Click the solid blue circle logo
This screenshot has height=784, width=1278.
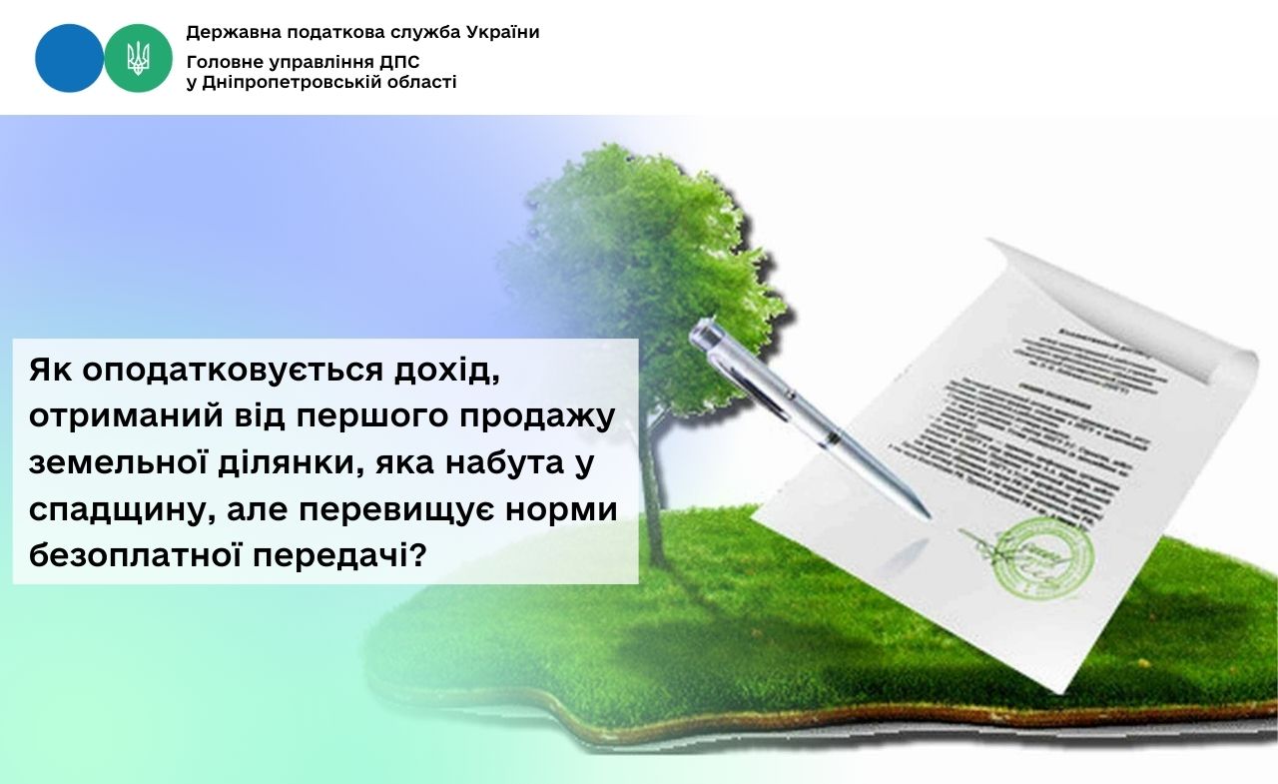coord(69,58)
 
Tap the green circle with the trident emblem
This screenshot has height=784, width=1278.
coord(139,58)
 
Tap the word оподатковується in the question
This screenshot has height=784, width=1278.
coord(228,371)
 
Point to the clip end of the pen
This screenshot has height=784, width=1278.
coord(705,332)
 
